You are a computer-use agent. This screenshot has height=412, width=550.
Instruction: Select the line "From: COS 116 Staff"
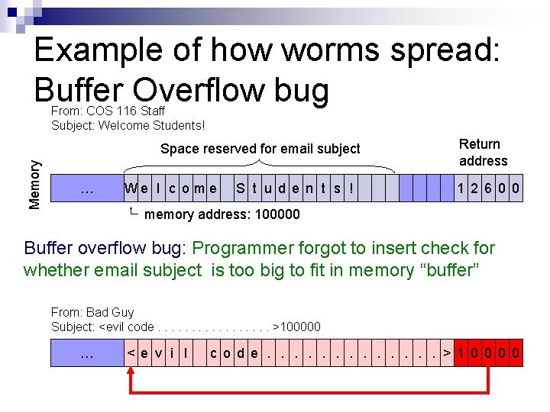tap(108, 111)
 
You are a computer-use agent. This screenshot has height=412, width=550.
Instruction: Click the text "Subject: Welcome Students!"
tap(128, 125)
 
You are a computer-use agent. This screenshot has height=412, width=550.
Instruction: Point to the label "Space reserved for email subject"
tap(260, 149)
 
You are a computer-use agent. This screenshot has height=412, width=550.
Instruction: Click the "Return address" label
tap(483, 153)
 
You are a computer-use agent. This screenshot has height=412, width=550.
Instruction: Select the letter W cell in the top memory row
tap(131, 188)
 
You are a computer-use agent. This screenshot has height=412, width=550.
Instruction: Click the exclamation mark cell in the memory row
tap(351, 188)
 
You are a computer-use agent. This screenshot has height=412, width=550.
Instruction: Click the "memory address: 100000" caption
tap(222, 214)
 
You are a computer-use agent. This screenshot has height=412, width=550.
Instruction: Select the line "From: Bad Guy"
tap(92, 312)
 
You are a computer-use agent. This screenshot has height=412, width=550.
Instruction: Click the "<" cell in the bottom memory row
tap(131, 352)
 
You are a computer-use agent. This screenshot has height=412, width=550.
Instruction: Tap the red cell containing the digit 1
tap(461, 352)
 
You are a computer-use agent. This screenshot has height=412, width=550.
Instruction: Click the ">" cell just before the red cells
tap(447, 352)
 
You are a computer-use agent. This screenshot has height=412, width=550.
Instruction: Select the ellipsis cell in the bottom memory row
tap(87, 352)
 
